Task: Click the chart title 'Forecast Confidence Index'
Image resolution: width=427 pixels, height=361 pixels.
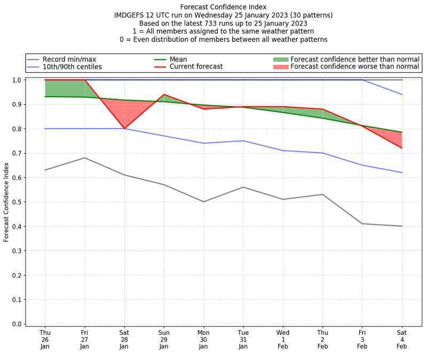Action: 223,6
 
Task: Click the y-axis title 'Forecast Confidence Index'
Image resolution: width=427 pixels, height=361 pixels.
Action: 6,201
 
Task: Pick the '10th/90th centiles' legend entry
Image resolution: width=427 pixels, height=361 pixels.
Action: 72,67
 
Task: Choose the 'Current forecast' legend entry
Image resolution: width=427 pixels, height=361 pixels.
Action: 196,67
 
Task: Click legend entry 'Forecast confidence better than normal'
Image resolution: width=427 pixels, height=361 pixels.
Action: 355,59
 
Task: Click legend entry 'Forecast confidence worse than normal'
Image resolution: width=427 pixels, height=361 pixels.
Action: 355,67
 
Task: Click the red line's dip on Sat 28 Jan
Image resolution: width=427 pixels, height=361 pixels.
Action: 124,129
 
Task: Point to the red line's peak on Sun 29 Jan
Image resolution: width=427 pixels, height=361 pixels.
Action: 164,95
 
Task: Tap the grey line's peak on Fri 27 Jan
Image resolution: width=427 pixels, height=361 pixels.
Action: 84,158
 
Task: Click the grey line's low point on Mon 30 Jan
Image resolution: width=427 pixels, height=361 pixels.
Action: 203,202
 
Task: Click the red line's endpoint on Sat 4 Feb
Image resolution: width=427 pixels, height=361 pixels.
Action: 402,148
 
